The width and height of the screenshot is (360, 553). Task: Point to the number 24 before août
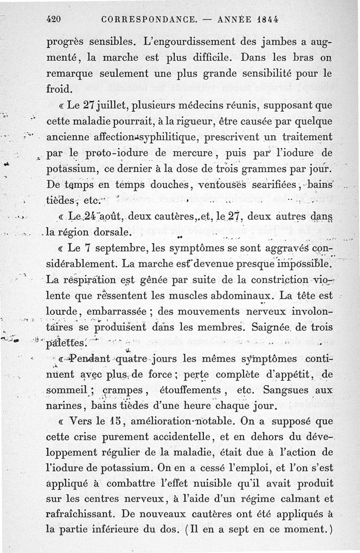[94, 217]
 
